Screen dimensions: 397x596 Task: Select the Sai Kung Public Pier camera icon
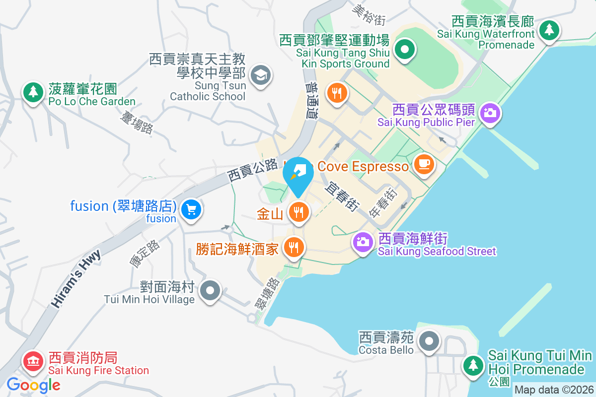[490, 113]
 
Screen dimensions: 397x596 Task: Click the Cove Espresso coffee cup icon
[424, 164]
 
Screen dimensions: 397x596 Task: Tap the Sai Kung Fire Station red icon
[33, 361]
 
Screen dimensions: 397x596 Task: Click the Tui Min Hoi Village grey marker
[211, 290]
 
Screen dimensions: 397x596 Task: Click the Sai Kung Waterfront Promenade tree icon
[549, 30]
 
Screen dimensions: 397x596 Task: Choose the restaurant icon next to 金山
[298, 212]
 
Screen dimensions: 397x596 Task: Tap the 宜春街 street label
[342, 196]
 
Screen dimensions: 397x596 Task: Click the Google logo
[34, 385]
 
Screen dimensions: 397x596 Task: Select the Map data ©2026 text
[554, 390]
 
